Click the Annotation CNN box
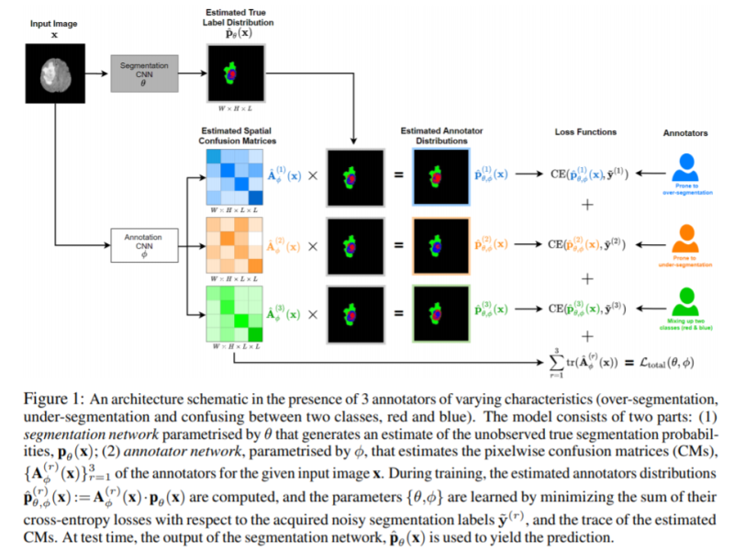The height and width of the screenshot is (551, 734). (x=140, y=243)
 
